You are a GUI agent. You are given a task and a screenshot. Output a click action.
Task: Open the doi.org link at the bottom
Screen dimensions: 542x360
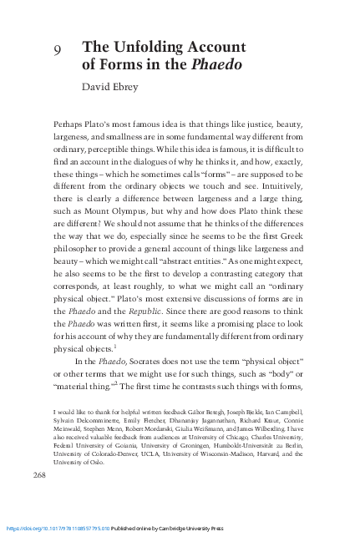[58, 529]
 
